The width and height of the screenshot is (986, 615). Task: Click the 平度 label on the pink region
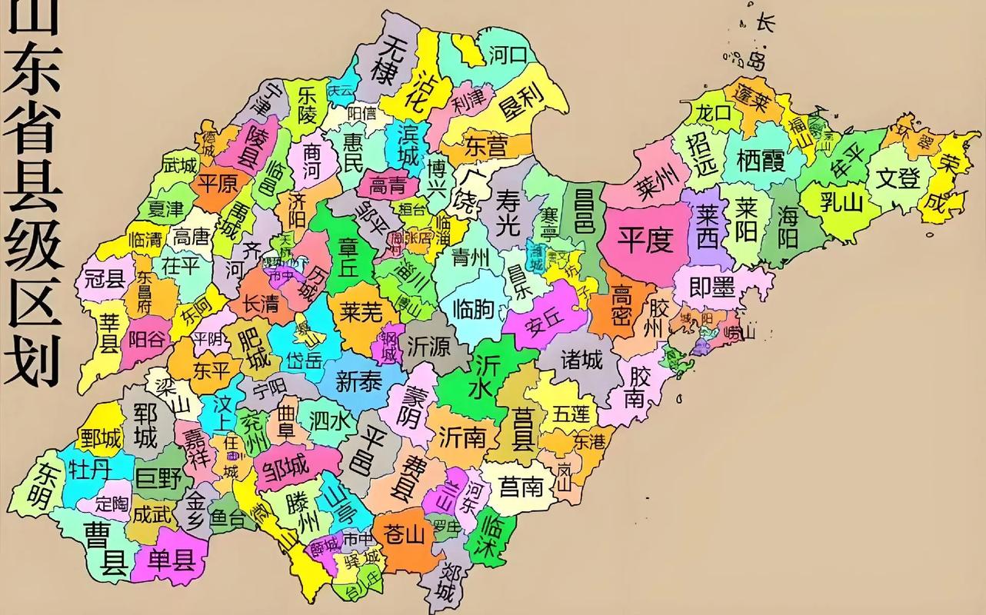coord(646,241)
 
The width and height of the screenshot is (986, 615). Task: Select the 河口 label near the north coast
coord(508,55)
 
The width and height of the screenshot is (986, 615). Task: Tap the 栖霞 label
coord(761,160)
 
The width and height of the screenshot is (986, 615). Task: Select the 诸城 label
coord(581,358)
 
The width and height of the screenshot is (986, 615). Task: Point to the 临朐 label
coord(474,308)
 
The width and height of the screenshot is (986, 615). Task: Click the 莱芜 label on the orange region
coord(361,311)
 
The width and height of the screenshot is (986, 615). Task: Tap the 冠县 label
coord(105,279)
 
